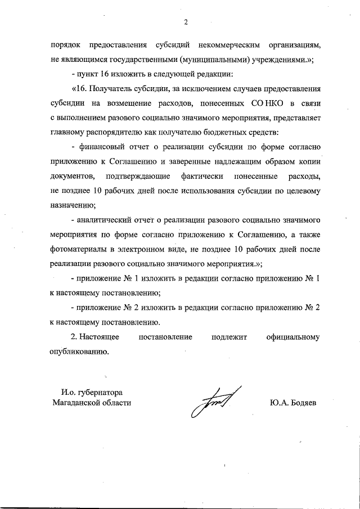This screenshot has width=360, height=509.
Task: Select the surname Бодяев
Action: click(304, 403)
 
